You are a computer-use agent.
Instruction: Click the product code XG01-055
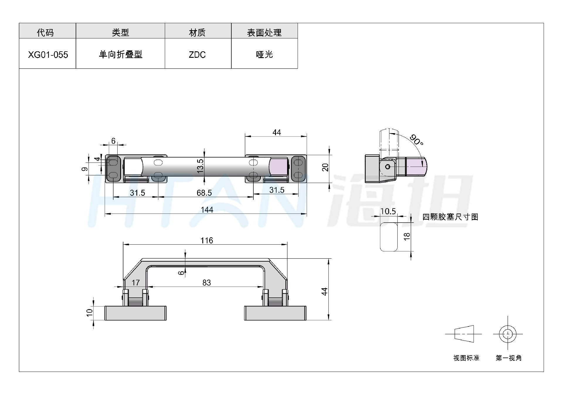[48, 55]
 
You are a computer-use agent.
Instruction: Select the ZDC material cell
[197, 55]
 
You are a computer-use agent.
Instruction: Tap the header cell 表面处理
[264, 33]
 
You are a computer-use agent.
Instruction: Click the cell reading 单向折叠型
[121, 55]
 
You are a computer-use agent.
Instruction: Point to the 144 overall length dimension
[207, 210]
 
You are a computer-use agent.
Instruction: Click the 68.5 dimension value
[204, 193]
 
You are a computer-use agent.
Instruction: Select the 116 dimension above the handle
[207, 241]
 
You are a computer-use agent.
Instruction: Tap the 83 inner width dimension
[207, 282]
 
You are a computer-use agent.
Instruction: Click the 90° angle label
[416, 140]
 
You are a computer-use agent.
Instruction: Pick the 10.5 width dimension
[388, 211]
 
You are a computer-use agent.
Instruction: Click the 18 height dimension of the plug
[407, 237]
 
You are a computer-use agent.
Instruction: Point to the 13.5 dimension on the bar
[200, 166]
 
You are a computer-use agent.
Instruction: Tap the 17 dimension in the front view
[135, 282]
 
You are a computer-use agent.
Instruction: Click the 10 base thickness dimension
[89, 312]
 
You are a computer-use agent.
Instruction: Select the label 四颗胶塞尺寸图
[450, 217]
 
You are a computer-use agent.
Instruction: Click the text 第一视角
[509, 358]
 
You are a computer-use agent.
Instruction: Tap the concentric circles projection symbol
[508, 334]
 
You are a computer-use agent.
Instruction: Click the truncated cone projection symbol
[464, 334]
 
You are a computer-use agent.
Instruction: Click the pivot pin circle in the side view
[388, 167]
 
